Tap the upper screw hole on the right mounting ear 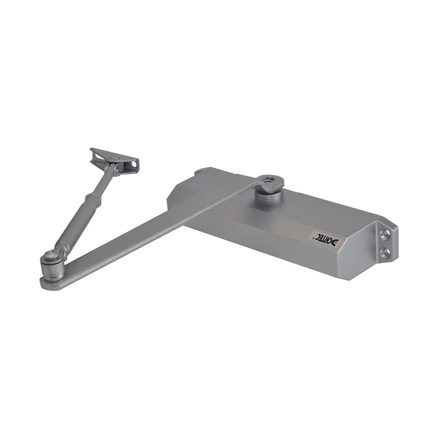pos(386,234)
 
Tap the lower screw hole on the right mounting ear pos(386,251)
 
